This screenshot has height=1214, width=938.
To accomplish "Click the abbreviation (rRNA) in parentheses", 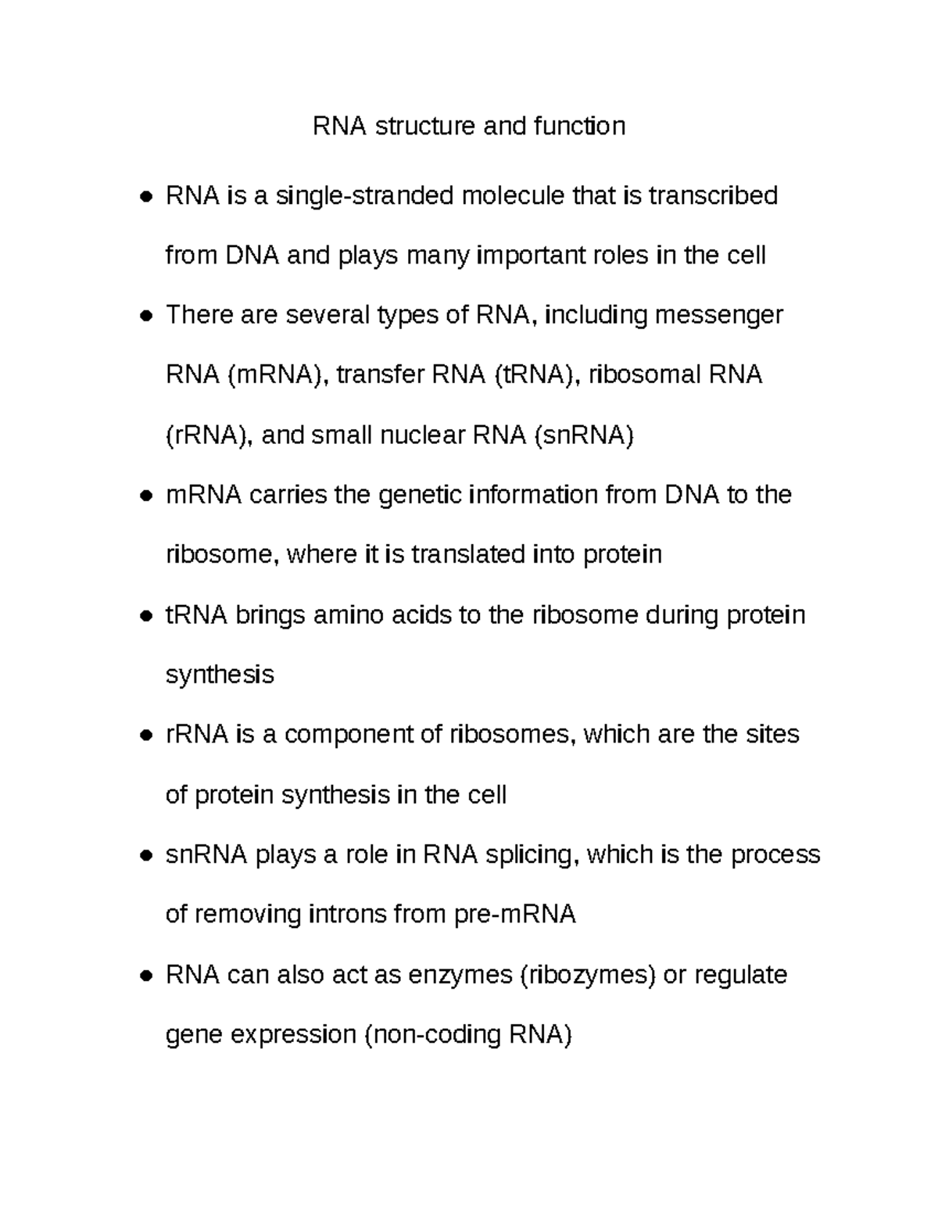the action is coord(209,435).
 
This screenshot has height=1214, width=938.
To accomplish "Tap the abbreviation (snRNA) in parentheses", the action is coord(583,435).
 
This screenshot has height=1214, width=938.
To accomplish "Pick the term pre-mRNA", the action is coord(515,915).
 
